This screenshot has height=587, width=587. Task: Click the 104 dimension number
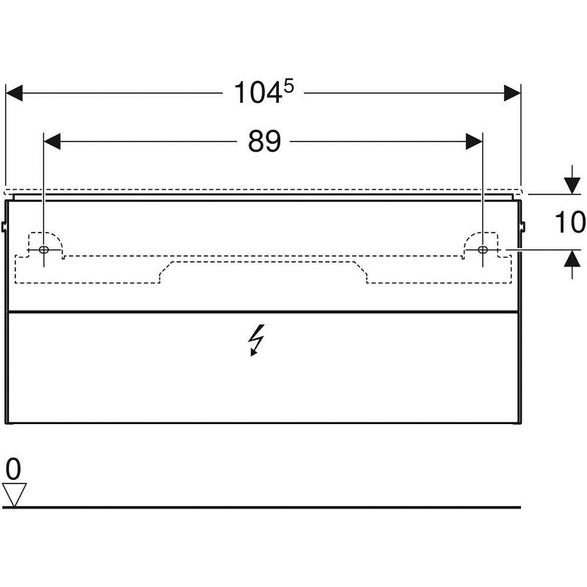tap(258, 93)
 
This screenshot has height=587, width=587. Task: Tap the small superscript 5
tap(288, 87)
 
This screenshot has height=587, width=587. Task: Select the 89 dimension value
tap(264, 142)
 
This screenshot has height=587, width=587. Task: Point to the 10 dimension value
tap(570, 222)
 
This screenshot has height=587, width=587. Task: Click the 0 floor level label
tap(13, 469)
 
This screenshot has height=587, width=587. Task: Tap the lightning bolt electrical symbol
tap(256, 340)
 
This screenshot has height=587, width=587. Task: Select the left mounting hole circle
tap(44, 249)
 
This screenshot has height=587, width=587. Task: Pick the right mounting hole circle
tap(483, 249)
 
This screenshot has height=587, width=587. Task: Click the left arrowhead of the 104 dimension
tap(14, 93)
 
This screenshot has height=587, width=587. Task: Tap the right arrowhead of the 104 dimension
tap(512, 93)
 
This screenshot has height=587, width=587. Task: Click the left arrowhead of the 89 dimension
tap(52, 142)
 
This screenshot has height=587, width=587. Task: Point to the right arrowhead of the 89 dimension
tap(474, 142)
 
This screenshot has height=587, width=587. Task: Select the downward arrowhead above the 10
tap(572, 186)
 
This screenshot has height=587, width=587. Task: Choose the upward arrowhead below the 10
tap(572, 258)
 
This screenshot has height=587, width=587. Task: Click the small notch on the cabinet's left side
tap(4, 226)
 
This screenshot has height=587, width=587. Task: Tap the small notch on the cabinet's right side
tap(523, 226)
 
